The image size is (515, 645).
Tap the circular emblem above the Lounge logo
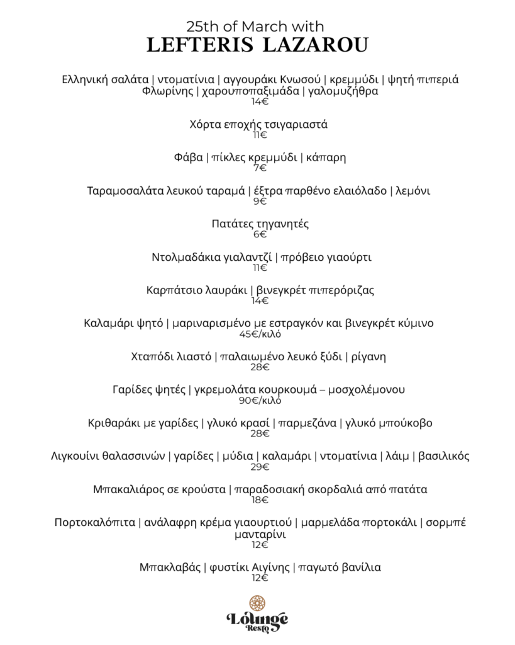pyautogui.click(x=257, y=603)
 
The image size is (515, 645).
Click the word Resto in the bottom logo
pyautogui.click(x=257, y=629)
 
